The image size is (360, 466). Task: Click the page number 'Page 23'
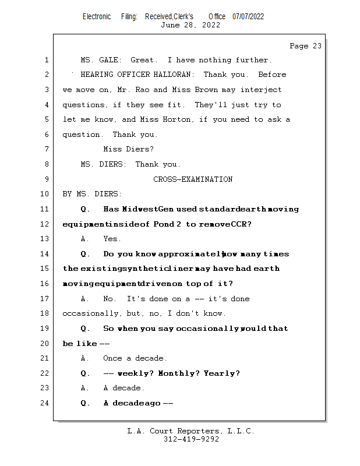click(x=305, y=45)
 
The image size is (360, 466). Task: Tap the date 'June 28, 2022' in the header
click(x=190, y=24)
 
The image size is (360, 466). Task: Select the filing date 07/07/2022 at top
click(x=248, y=16)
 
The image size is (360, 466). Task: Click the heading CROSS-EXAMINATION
click(x=193, y=179)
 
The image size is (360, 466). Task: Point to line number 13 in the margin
click(x=45, y=239)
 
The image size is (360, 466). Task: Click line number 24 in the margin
click(x=45, y=403)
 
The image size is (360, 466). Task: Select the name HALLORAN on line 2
click(x=176, y=75)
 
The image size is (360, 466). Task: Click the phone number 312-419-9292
click(x=191, y=439)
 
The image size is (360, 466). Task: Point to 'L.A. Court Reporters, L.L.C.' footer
click(x=191, y=431)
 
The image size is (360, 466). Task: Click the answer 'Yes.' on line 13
click(x=112, y=239)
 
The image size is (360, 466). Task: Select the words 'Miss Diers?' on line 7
click(x=129, y=149)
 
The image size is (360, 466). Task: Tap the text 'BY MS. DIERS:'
click(x=92, y=194)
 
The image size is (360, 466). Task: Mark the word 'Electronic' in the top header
click(x=97, y=16)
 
